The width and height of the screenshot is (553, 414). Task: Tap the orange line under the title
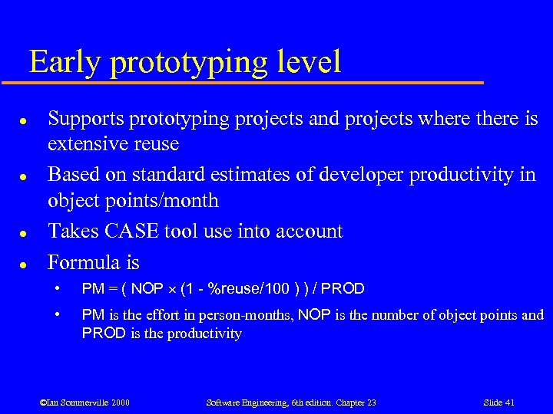coord(253,82)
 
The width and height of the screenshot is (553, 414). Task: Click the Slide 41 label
coord(499,402)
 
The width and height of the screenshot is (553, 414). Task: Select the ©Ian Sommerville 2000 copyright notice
coord(84,402)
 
